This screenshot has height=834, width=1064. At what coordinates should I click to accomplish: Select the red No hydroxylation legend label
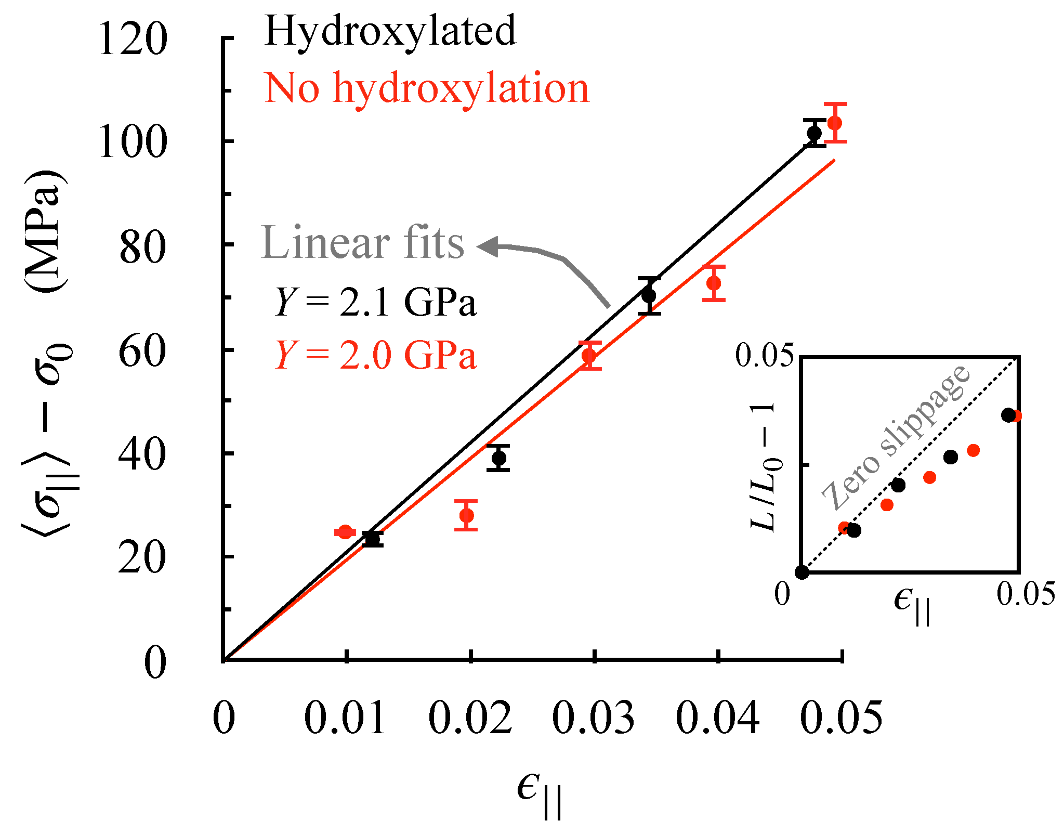point(426,89)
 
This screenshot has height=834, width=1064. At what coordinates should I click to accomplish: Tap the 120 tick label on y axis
point(133,40)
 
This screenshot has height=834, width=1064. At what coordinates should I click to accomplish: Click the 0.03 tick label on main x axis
point(593,718)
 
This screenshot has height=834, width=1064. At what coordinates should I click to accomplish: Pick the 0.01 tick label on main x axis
point(345,718)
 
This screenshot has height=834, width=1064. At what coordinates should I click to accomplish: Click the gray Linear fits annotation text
point(362,243)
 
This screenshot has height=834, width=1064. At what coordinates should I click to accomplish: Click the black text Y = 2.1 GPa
point(375,302)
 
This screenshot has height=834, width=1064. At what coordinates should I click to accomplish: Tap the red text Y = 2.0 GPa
point(375,356)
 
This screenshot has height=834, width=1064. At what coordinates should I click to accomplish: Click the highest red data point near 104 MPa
point(835,123)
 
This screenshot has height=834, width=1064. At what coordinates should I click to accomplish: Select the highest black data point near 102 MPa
point(814,133)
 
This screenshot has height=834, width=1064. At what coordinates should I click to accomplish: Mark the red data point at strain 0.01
point(345,532)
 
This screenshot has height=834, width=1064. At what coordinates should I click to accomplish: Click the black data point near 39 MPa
point(498,458)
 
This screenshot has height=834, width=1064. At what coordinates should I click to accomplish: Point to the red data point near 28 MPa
point(466,516)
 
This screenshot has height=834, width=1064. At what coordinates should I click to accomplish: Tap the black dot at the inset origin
point(802,572)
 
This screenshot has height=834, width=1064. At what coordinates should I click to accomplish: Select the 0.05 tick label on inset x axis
point(1026,594)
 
